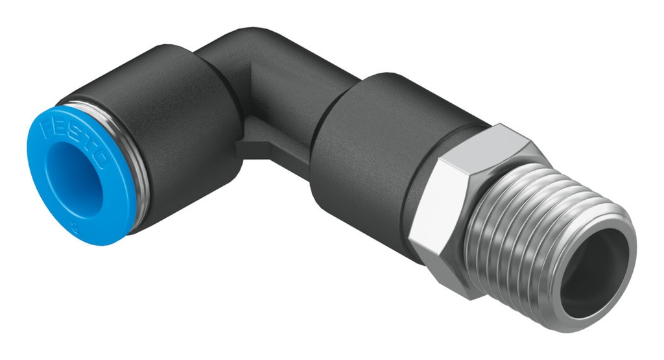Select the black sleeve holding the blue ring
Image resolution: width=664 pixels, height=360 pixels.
point(175,143)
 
